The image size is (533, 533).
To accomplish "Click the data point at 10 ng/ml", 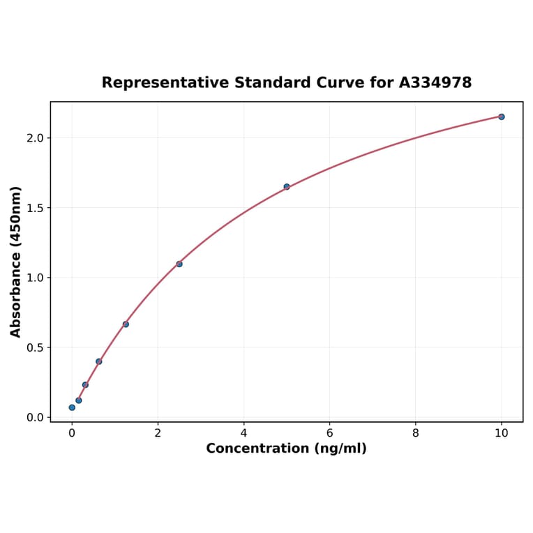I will [501, 117].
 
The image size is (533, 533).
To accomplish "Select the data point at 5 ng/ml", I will [287, 186].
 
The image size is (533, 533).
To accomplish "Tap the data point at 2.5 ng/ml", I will [179, 264].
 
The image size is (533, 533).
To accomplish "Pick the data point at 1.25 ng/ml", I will [126, 324].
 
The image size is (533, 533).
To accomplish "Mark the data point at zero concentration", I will [72, 407].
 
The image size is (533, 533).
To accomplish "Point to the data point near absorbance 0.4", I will [99, 361].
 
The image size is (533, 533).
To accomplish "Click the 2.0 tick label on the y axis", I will [35, 138].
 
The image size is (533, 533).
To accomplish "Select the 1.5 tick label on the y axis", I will [35, 208].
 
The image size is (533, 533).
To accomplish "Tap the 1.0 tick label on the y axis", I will [35, 278].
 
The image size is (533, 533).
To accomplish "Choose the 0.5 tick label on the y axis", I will [35, 347].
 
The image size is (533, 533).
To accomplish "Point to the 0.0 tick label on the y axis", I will [35, 417].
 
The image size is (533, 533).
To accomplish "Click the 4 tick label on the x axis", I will [243, 433].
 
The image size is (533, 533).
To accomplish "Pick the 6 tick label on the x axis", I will [329, 433].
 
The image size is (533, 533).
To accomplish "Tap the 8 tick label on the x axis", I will [416, 433].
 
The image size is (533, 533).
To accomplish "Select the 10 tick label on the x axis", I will [501, 433].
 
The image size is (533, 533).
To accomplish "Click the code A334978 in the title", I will [435, 83].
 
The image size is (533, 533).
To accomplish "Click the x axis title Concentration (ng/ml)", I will [286, 449].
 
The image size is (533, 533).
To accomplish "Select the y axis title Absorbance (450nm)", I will [16, 262].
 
